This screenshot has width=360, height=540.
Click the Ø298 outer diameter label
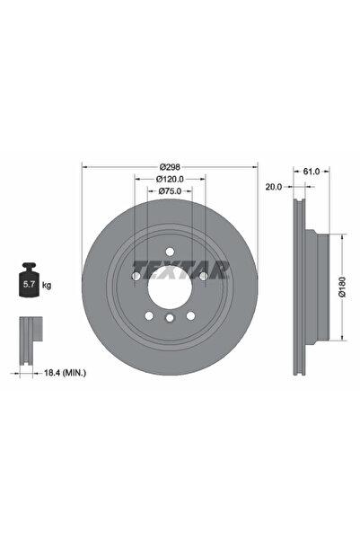coord(170,167)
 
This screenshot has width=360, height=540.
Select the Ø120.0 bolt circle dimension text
coord(170,180)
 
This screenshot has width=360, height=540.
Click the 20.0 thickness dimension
coord(275,187)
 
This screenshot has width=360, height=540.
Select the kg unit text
coord(47,285)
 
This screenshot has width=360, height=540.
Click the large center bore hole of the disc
coord(170,286)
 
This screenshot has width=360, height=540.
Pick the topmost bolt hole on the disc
coord(170,252)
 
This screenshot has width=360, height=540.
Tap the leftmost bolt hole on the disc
coord(136,276)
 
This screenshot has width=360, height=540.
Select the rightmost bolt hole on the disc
coord(203,276)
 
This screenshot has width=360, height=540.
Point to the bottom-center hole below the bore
coord(170,318)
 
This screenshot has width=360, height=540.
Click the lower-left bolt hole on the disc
coord(149,314)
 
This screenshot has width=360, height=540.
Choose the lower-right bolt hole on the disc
coord(190,314)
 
